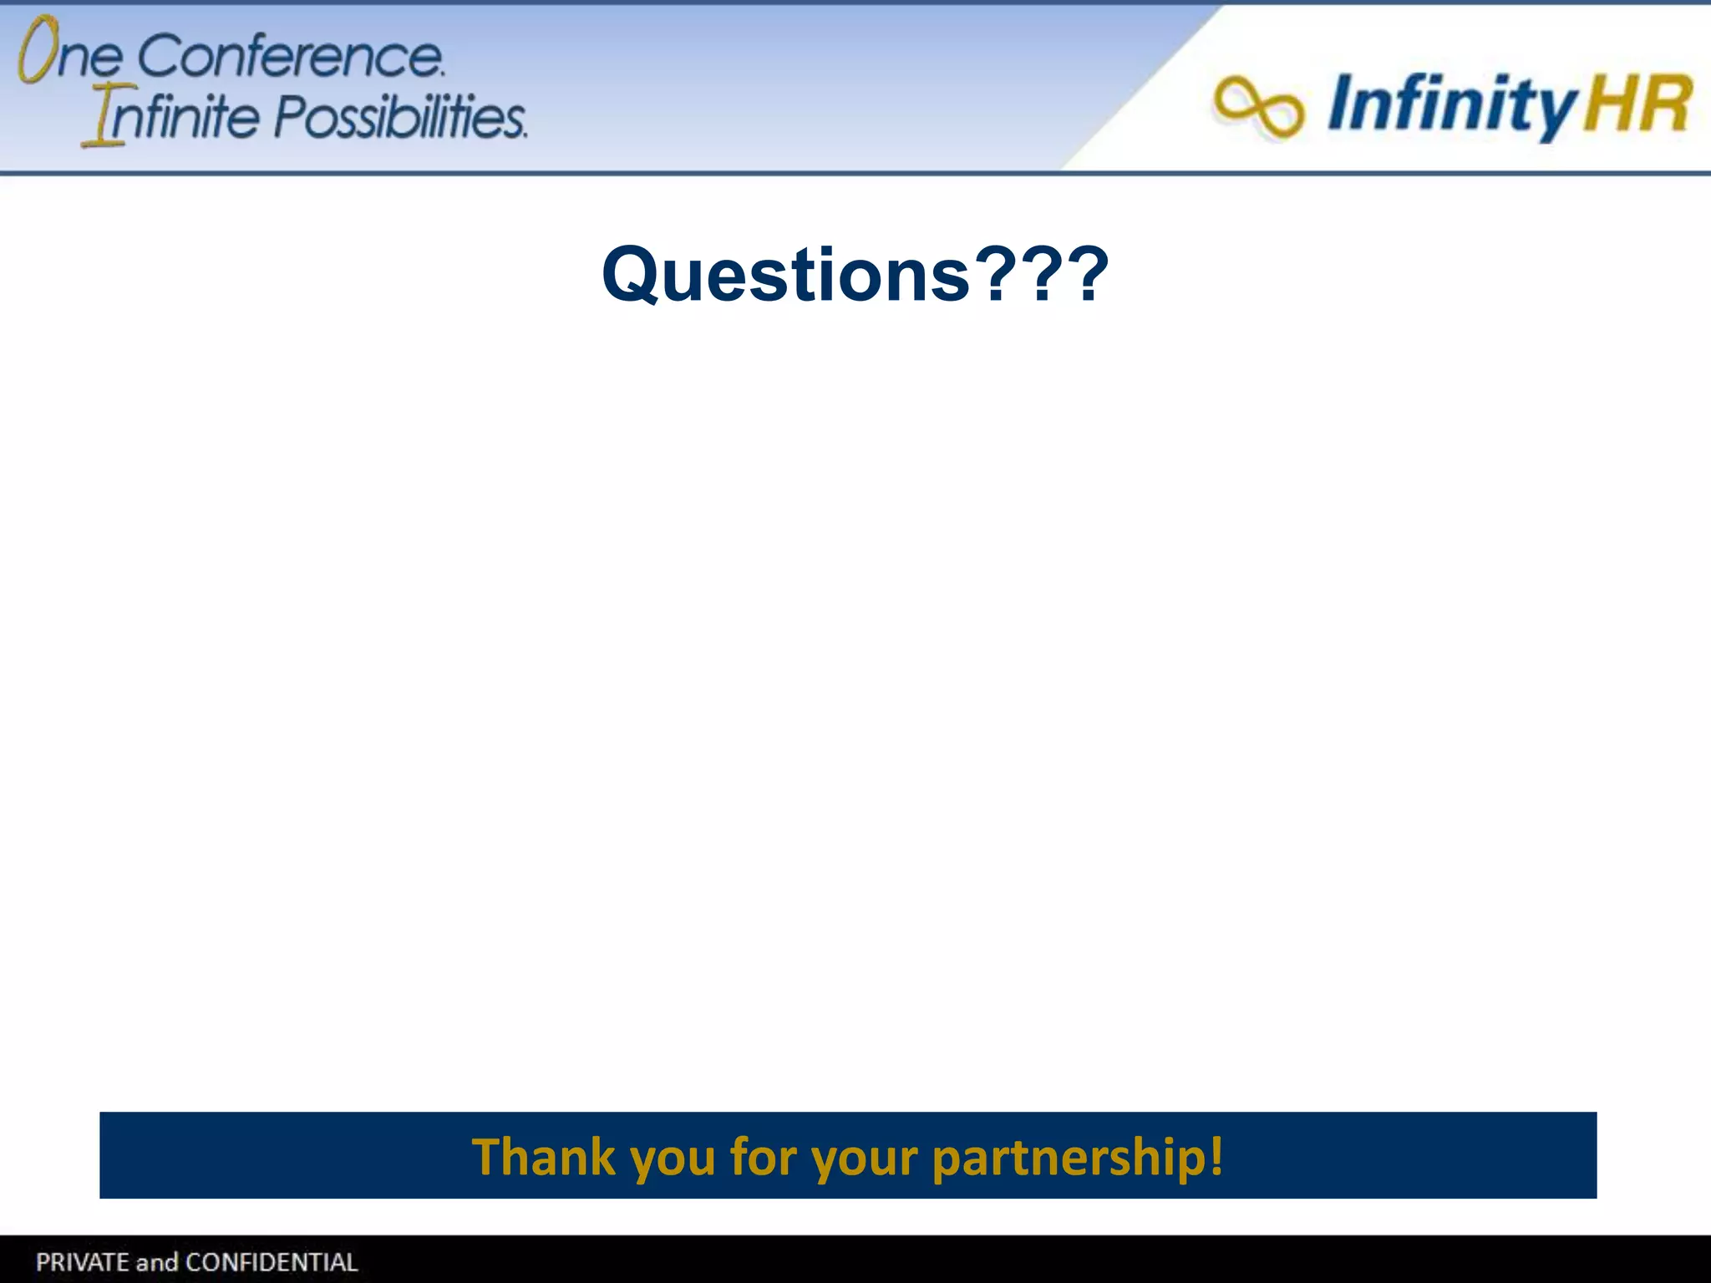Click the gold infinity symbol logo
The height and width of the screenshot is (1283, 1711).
[1257, 107]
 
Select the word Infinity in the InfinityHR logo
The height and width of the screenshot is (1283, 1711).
[1450, 105]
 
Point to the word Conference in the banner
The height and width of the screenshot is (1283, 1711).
[290, 57]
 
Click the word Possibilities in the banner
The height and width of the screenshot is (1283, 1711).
[400, 116]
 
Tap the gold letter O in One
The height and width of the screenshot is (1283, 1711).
[38, 49]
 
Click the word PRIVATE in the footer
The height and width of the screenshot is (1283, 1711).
[82, 1261]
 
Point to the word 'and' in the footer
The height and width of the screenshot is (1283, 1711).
[157, 1261]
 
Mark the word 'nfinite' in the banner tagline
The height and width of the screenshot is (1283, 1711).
[184, 116]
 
